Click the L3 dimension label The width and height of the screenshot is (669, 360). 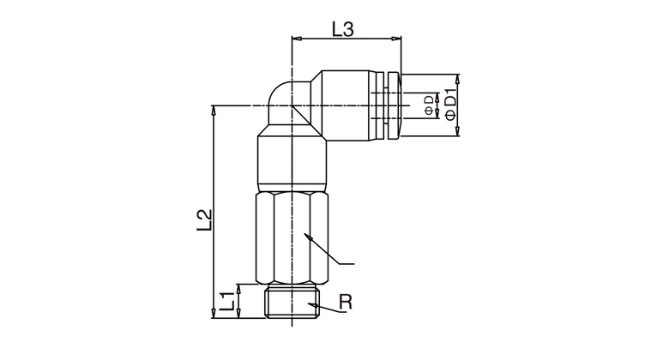(x=343, y=29)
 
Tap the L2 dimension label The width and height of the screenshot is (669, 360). (x=204, y=220)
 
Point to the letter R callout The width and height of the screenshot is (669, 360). (x=346, y=302)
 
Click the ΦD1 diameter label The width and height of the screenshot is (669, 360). (x=450, y=104)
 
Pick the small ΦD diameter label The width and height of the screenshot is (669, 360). (x=428, y=105)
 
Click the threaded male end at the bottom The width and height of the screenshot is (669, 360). (x=292, y=302)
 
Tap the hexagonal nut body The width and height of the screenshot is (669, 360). (x=292, y=238)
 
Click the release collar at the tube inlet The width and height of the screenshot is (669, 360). (x=393, y=105)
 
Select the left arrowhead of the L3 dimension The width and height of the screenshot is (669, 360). (x=297, y=39)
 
